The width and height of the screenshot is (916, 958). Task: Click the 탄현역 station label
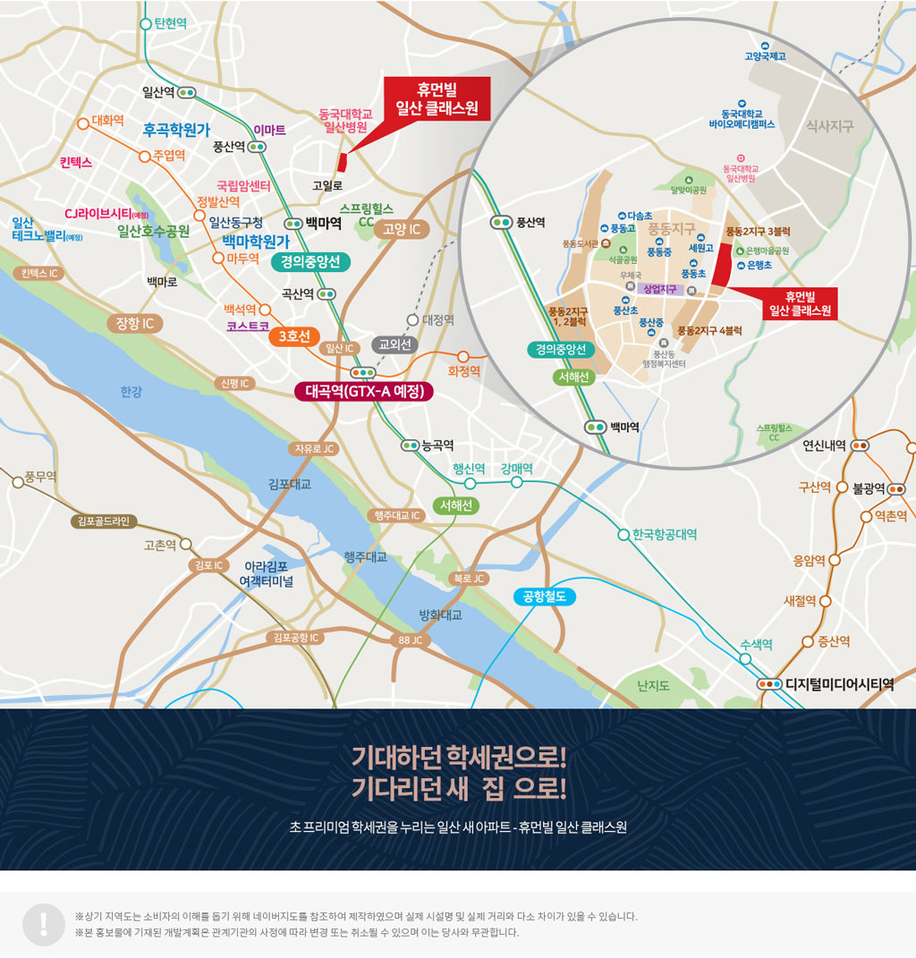pyautogui.click(x=170, y=23)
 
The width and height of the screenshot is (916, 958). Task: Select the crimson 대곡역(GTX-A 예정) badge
pyautogui.click(x=364, y=391)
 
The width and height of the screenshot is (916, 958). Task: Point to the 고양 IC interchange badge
pyautogui.click(x=403, y=229)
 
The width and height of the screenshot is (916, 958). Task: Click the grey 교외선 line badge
pyautogui.click(x=394, y=343)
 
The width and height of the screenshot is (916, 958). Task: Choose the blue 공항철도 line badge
pyautogui.click(x=545, y=597)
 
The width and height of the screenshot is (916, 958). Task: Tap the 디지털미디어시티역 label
pyautogui.click(x=840, y=684)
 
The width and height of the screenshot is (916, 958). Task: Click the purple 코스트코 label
pyautogui.click(x=248, y=326)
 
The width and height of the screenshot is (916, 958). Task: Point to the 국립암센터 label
pyautogui.click(x=243, y=186)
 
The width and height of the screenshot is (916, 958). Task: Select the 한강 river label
pyautogui.click(x=131, y=391)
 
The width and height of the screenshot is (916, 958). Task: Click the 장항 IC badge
pyautogui.click(x=134, y=323)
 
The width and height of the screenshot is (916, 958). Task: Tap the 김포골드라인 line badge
pyautogui.click(x=104, y=521)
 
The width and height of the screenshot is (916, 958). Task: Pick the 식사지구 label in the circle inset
pyautogui.click(x=829, y=126)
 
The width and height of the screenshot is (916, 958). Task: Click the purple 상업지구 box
pyautogui.click(x=660, y=289)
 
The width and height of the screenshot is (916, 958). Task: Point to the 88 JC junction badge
pyautogui.click(x=411, y=640)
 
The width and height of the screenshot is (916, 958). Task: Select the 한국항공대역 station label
pyautogui.click(x=664, y=534)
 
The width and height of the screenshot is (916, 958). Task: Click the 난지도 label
pyautogui.click(x=653, y=685)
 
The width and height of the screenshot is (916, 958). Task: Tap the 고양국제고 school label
pyautogui.click(x=765, y=56)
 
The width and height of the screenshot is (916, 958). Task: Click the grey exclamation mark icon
pyautogui.click(x=43, y=924)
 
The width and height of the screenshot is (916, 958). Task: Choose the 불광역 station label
pyautogui.click(x=869, y=488)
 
